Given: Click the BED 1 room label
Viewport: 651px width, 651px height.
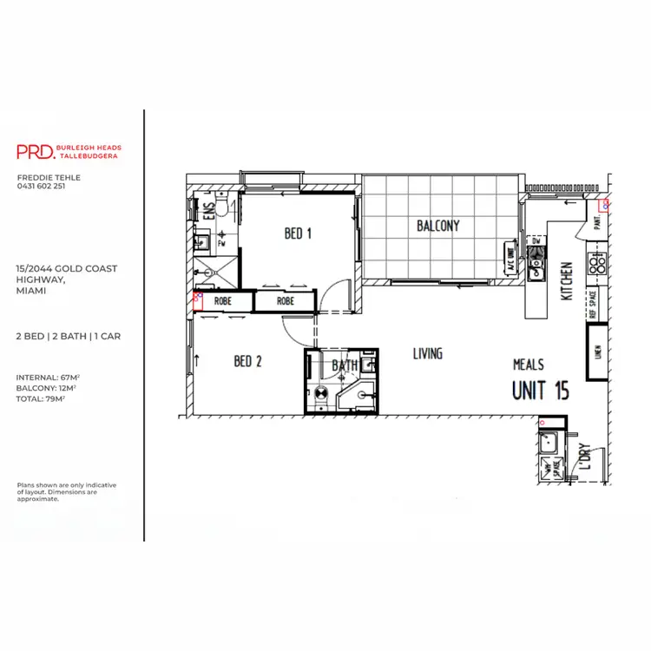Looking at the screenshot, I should coord(298,233).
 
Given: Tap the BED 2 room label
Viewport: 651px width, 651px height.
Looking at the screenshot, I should coord(247,361).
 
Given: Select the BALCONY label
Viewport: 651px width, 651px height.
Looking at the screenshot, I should coord(437,226).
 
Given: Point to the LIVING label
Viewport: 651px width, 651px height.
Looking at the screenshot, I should coord(427,353).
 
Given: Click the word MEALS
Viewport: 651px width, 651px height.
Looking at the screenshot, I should coord(529,365).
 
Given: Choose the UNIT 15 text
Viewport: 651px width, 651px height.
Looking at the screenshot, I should coord(540,391).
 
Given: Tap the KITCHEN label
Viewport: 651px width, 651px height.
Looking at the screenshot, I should coord(566,281).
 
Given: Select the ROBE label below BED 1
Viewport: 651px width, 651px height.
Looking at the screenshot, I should coord(286,301).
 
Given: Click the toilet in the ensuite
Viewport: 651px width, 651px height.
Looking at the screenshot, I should coord(223,207).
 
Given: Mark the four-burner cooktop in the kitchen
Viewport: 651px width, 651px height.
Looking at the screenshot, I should coord(597,262).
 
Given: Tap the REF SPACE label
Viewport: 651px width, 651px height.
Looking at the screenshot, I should coord(594,306).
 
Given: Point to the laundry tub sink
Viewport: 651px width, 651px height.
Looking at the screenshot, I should coord(549,444).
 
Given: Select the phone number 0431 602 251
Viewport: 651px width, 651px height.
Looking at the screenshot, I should coord(41,186).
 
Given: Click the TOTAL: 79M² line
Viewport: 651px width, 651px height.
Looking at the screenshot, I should coord(41,398).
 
